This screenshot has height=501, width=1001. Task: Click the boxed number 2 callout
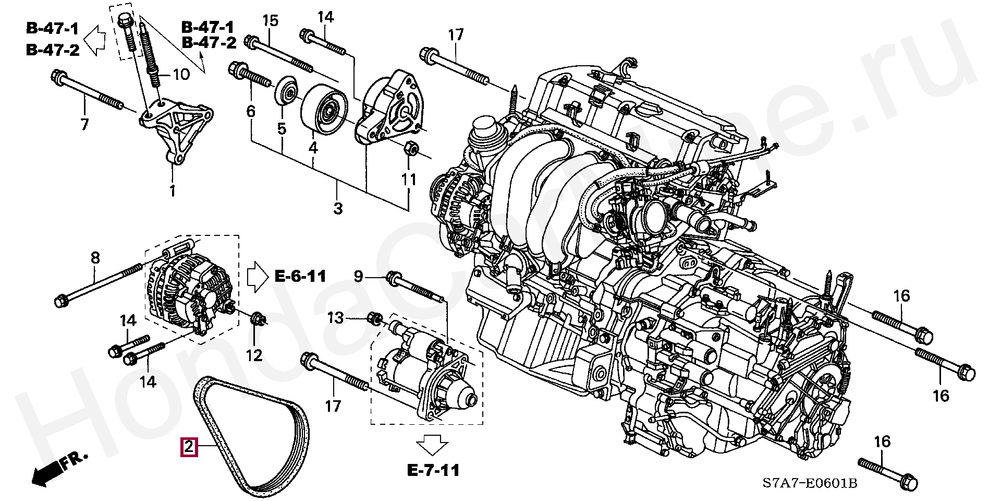tap(188, 447)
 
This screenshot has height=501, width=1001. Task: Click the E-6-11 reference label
tap(300, 276)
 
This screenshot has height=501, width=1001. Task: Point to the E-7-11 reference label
tap(433, 471)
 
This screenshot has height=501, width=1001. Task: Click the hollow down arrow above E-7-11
tap(433, 445)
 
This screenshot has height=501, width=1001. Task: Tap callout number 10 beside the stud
tap(181, 75)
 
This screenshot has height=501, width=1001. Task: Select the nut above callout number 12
tap(257, 318)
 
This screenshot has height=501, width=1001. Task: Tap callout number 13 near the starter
tap(336, 317)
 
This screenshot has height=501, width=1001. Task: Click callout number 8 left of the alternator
tap(95, 258)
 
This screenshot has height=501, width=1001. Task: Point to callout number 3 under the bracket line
tap(338, 208)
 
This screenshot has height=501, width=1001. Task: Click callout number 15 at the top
tap(271, 21)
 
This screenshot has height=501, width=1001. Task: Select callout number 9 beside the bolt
tap(358, 276)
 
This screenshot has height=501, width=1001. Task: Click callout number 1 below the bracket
tap(173, 190)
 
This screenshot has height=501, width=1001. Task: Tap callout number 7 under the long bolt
tap(84, 124)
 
